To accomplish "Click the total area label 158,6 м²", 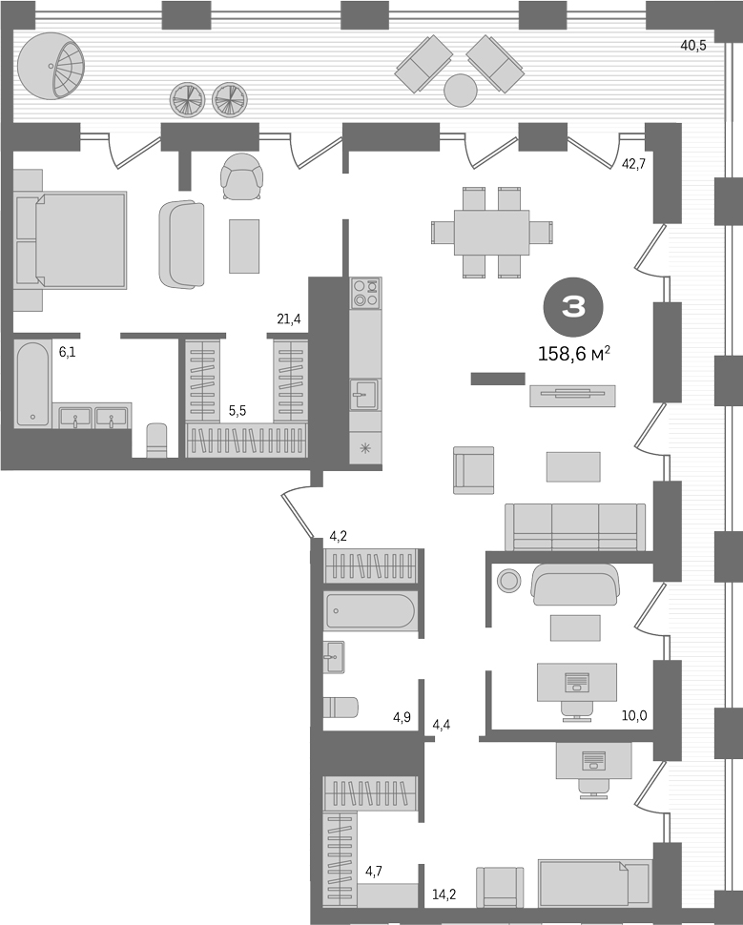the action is click(x=573, y=354).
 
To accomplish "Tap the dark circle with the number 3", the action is click(x=573, y=307).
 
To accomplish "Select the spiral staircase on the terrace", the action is click(x=51, y=66).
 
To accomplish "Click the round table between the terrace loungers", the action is click(x=460, y=91).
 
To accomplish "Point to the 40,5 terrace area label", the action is click(x=692, y=46).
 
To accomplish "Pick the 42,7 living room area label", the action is click(x=634, y=164).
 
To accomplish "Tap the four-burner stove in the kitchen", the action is click(x=365, y=293).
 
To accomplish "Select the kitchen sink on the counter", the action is click(x=364, y=394).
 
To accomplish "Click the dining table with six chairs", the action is click(x=491, y=233).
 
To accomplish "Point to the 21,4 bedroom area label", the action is click(x=289, y=319).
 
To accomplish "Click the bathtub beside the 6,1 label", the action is click(x=32, y=384).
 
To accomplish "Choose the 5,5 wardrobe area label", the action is click(x=237, y=411).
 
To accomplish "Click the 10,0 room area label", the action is click(x=634, y=716).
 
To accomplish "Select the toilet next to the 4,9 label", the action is click(x=341, y=707).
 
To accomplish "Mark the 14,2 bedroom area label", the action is click(x=444, y=894).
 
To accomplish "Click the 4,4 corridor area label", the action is click(x=442, y=725).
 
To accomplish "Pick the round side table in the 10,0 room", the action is click(x=508, y=581).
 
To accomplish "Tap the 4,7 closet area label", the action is click(x=374, y=871).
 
